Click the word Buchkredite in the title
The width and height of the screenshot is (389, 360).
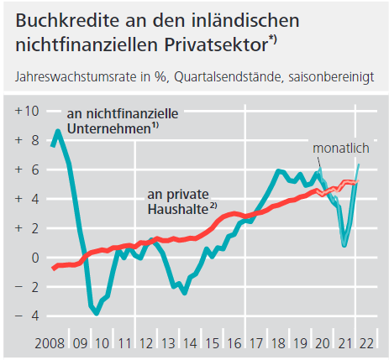[x=67, y=20]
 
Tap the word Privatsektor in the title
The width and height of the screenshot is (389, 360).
[x=217, y=44]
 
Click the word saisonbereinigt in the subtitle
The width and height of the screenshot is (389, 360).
[x=331, y=77]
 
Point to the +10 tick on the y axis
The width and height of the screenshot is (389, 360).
[x=27, y=111]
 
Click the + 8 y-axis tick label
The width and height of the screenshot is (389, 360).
[x=27, y=140]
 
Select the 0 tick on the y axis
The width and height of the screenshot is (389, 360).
[x=35, y=258]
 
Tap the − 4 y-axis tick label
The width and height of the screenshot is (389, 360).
[x=27, y=316]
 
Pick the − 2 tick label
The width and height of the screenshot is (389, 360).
[x=27, y=287]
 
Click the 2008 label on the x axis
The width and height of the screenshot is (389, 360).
[x=50, y=343]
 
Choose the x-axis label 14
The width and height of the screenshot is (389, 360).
[x=190, y=343]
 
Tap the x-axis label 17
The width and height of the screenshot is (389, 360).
[x=256, y=343]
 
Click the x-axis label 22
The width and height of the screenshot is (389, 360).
[x=366, y=343]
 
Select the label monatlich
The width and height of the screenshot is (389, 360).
[x=341, y=149]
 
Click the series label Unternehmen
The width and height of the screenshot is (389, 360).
[x=109, y=129]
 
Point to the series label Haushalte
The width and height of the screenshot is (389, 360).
[x=178, y=209]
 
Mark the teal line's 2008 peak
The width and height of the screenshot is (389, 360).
[x=58, y=131]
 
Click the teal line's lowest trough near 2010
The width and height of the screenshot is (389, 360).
[x=97, y=313]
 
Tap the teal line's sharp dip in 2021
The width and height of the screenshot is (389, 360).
[x=344, y=244]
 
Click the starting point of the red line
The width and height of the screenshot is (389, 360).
[x=53, y=268]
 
